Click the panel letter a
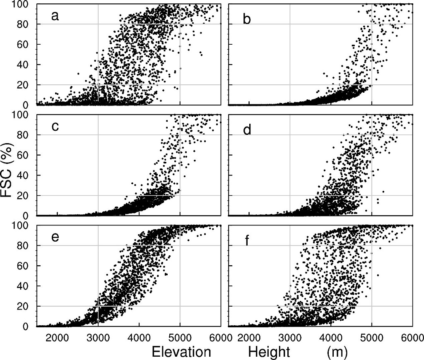(x=54, y=17)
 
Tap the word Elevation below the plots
(x=181, y=352)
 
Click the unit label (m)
(x=336, y=352)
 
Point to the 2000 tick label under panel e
(x=57, y=336)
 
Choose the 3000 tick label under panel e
(x=98, y=336)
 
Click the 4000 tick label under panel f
(x=331, y=336)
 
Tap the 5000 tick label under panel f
(x=372, y=336)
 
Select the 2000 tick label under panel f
(x=249, y=336)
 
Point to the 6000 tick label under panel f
(x=412, y=336)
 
